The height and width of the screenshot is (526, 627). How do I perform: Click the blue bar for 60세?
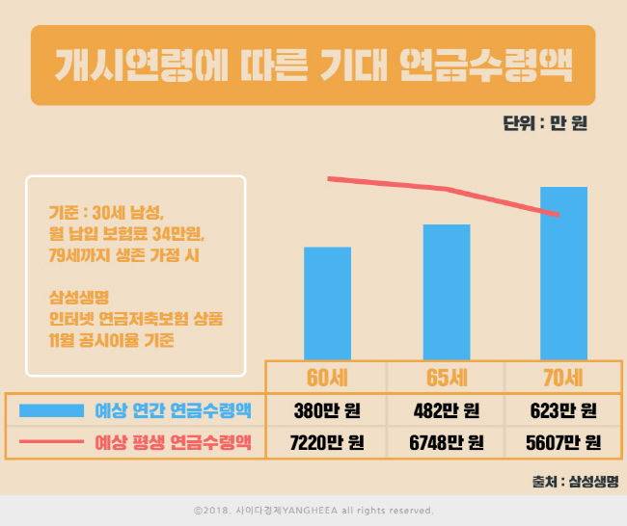[327, 302]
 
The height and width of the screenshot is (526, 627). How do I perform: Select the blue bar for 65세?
[447, 292]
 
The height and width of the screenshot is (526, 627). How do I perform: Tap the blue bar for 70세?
[563, 273]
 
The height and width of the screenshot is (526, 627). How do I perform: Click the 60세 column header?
[327, 377]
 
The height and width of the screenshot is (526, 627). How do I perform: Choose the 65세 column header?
[447, 377]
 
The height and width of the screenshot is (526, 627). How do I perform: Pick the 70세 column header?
[563, 377]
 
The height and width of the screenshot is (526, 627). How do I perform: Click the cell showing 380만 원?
[327, 411]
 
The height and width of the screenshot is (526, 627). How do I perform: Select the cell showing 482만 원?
[447, 411]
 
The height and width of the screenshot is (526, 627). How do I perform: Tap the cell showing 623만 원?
[563, 411]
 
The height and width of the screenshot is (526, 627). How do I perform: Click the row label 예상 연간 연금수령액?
[174, 411]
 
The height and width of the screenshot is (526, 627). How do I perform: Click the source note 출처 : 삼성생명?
[574, 480]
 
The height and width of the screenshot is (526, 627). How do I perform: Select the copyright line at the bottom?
[313, 511]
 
